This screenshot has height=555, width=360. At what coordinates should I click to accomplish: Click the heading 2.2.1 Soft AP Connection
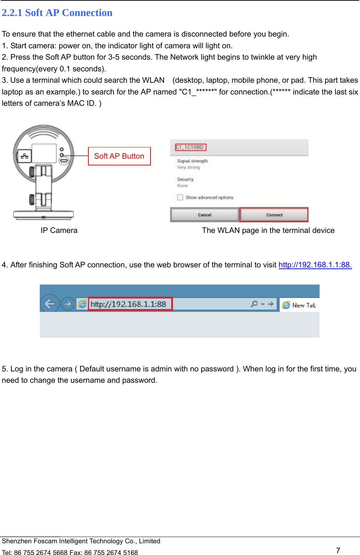(57, 13)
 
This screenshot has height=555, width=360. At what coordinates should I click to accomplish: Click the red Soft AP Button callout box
(119, 156)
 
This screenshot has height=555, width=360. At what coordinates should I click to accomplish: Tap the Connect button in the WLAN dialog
(274, 215)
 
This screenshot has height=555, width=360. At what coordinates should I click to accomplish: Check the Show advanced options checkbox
(180, 197)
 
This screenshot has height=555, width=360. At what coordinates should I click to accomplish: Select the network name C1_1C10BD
(190, 147)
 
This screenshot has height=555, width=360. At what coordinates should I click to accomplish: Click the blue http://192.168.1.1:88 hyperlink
(315, 265)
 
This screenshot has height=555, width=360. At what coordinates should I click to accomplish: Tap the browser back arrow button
(49, 304)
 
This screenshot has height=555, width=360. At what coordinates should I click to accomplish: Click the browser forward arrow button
(67, 304)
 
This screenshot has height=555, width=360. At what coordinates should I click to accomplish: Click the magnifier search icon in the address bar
(254, 304)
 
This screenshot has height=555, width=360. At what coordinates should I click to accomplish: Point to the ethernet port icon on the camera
(24, 156)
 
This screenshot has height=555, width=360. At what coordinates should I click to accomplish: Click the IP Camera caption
(59, 230)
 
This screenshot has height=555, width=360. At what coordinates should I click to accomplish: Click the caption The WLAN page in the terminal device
(268, 230)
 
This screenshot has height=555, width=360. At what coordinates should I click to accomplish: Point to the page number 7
(338, 550)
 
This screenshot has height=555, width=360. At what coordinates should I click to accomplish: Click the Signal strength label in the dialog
(192, 161)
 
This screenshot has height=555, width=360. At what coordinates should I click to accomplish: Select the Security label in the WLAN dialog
(185, 179)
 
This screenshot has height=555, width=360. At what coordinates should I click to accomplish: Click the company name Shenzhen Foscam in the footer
(81, 541)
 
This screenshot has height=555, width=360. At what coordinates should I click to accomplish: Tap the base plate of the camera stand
(43, 214)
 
